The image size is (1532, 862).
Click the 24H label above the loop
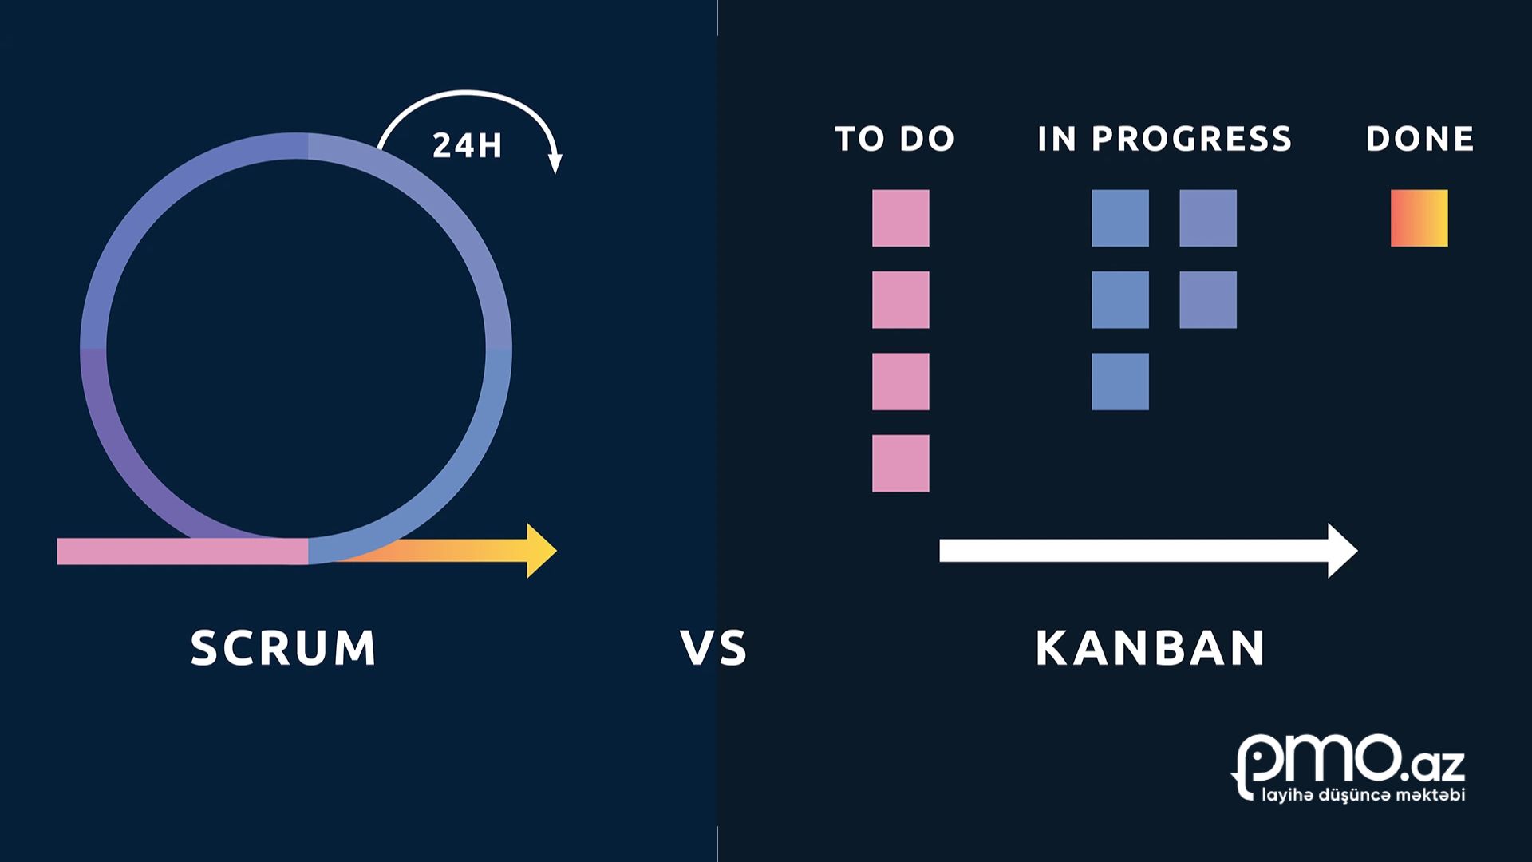467,145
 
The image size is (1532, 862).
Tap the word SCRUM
283,647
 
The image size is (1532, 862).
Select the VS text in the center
714,647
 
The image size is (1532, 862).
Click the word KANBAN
1151,647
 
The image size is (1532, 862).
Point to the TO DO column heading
894,139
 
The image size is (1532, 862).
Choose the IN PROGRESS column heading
1164,139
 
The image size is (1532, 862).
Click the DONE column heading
1419,139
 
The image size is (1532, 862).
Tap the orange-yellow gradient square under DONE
1419,218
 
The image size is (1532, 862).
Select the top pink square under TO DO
900,218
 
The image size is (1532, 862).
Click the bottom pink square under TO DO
900,463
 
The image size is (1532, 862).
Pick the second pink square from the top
900,300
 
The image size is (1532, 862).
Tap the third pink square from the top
900,382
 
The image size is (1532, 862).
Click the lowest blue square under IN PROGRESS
1119,382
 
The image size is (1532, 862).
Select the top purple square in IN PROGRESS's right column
1208,218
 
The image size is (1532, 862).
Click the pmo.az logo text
1348,761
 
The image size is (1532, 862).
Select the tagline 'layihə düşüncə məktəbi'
1363,795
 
